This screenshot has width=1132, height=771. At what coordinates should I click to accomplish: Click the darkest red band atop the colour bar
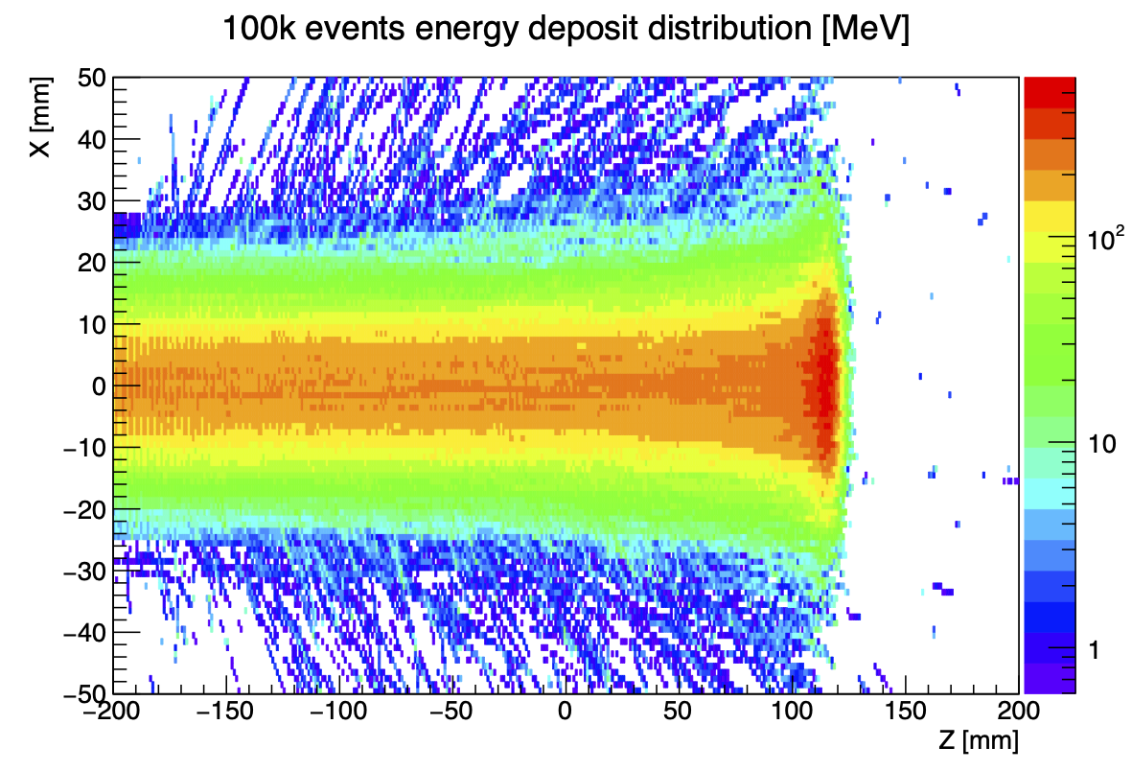click(x=1050, y=92)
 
